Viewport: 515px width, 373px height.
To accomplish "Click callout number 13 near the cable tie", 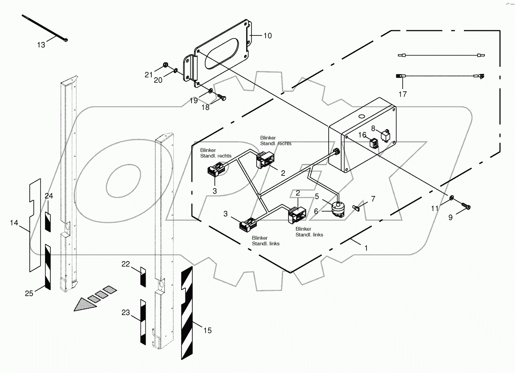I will [41, 45].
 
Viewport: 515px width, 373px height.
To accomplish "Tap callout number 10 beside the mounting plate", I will [268, 36].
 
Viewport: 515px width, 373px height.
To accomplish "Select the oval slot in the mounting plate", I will [222, 53].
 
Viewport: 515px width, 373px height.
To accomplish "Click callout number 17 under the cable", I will [402, 94].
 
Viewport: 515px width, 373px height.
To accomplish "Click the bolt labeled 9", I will [467, 206].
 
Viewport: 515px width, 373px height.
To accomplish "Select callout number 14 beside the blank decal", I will [14, 223].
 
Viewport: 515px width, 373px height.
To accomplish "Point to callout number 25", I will [29, 293].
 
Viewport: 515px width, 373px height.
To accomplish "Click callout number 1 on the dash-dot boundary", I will [366, 248].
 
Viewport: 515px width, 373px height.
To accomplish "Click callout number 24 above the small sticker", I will [49, 196].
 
